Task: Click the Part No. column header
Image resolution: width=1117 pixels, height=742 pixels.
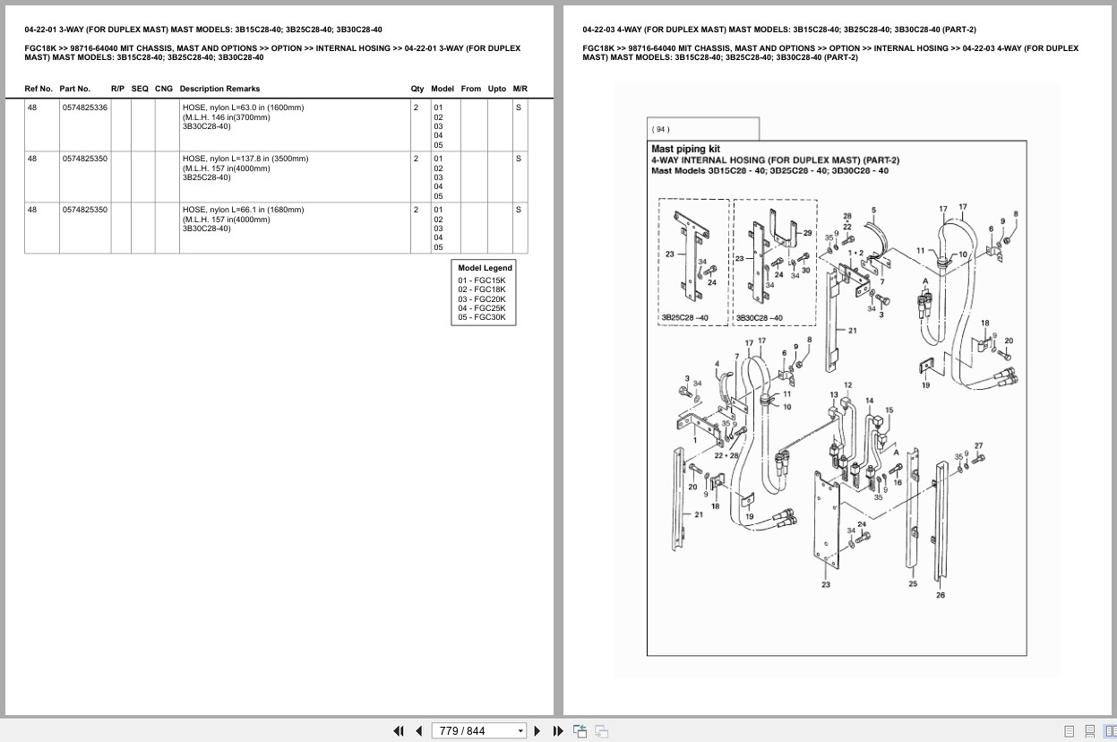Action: point(75,89)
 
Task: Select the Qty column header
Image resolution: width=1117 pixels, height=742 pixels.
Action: point(417,89)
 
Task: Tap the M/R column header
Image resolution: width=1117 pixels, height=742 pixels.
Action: point(520,89)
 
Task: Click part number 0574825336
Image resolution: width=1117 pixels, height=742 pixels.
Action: point(85,108)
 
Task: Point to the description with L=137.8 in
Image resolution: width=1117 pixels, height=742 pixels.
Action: point(245,168)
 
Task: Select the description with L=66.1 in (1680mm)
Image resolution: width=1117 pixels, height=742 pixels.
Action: point(244,219)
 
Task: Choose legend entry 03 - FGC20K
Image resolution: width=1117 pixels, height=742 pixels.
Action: point(482,299)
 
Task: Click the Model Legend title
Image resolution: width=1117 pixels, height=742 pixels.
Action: point(485,268)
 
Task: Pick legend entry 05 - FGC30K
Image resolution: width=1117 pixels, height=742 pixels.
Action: point(482,317)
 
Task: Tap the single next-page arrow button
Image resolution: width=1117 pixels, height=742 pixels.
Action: point(537,731)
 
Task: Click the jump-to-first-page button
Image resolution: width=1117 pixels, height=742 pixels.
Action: point(399,731)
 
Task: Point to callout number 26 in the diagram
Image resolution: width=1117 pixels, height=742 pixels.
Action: point(940,595)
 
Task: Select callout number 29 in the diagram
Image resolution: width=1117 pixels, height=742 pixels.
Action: point(807,233)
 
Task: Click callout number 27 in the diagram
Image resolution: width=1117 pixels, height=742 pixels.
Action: point(978,445)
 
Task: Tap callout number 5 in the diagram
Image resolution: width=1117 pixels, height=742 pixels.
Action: point(873,210)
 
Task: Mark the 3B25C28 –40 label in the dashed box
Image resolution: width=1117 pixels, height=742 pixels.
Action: point(684,317)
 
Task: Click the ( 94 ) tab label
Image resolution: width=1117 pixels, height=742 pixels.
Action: point(661,130)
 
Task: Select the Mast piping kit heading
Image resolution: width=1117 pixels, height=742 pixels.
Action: point(685,149)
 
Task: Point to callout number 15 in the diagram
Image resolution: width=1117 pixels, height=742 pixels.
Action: point(889,410)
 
